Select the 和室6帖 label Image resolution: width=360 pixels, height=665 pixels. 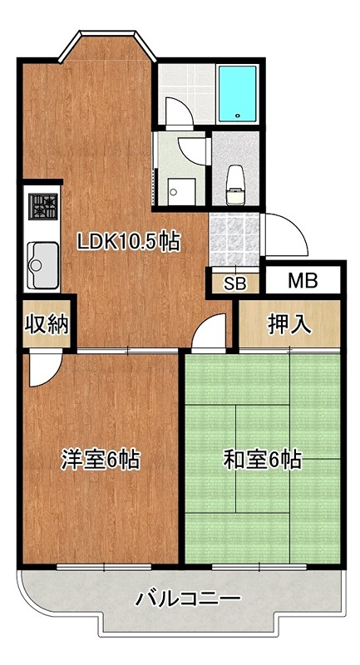point(262,458)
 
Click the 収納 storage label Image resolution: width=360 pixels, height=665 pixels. point(40,324)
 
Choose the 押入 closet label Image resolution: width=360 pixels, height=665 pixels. point(289,324)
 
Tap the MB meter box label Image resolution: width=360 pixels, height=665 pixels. point(303,281)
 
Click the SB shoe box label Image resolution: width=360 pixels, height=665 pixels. point(235,283)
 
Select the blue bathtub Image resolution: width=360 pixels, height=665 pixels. point(239,93)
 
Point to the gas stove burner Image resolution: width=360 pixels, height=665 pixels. point(42,204)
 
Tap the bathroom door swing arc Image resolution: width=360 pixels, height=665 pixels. point(177,111)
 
